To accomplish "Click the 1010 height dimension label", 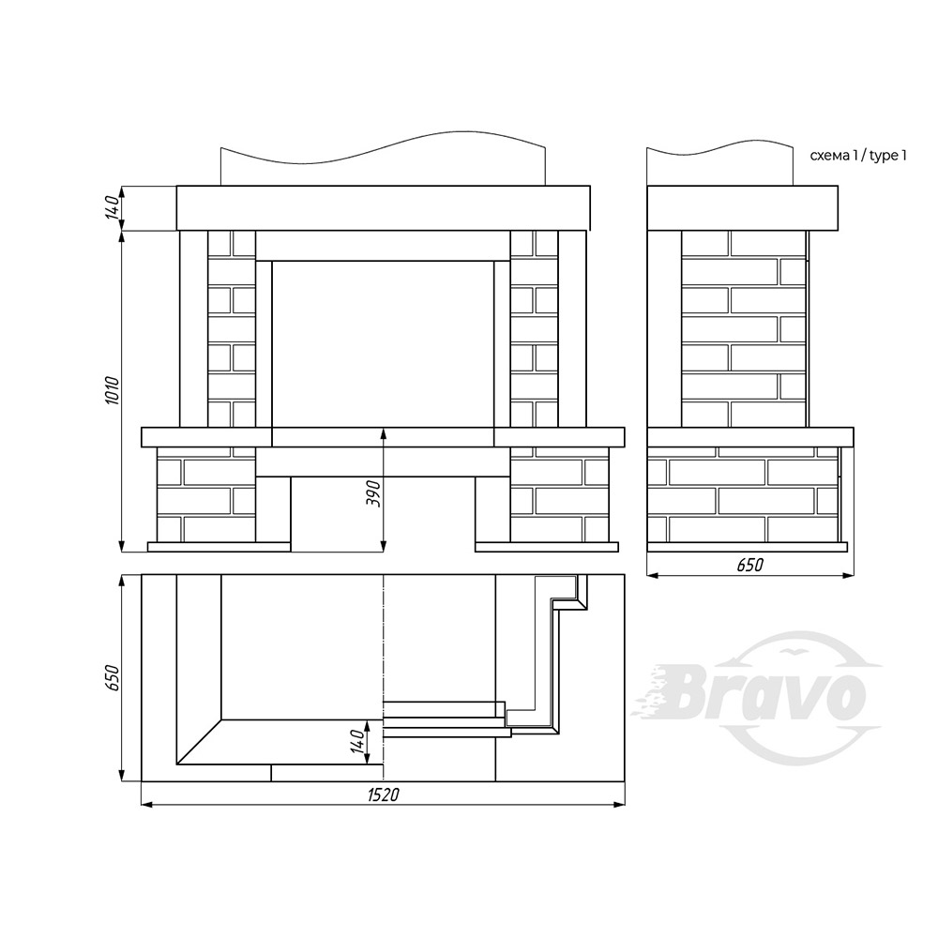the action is (x=113, y=390).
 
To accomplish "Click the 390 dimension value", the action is (x=374, y=493).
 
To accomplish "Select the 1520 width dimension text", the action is (x=383, y=795).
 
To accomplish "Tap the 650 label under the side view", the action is (x=750, y=565).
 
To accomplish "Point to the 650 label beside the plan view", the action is (x=113, y=678).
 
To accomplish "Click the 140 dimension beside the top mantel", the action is (x=113, y=207).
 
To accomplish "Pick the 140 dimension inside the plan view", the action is (x=357, y=742).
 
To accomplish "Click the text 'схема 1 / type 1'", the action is (x=858, y=156).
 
